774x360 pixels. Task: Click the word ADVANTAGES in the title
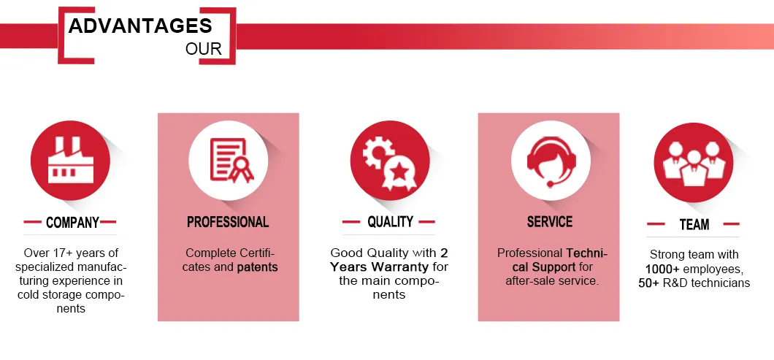140,26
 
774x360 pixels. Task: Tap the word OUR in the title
204,50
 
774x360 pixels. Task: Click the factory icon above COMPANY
71,160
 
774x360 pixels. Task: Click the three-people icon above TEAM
694,162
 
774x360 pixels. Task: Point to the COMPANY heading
72,223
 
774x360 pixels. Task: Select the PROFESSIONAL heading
228,222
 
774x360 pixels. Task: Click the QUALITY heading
390,222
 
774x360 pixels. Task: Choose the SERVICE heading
550,222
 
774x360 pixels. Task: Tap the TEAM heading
694,225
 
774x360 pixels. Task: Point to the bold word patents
257,268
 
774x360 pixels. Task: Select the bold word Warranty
400,267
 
